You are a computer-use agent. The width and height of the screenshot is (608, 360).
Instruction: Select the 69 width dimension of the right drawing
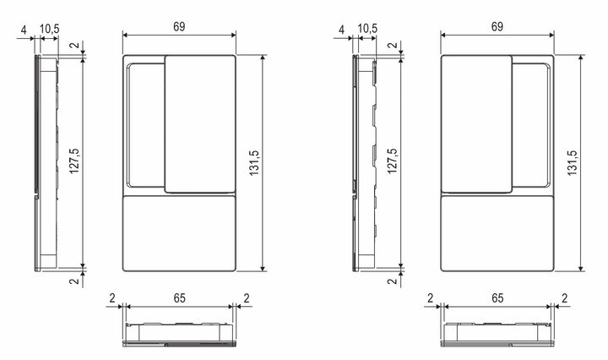(497, 27)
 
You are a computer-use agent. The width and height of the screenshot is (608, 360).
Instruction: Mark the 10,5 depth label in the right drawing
(367, 30)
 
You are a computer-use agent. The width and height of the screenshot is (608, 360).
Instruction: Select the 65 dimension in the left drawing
(178, 297)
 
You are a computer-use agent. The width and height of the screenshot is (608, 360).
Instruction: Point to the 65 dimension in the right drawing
(497, 297)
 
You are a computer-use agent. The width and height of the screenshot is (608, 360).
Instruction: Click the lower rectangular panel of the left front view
(179, 233)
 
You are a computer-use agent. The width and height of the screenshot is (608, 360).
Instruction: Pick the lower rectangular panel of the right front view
(497, 233)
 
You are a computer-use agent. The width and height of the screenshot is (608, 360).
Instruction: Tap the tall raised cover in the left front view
(200, 123)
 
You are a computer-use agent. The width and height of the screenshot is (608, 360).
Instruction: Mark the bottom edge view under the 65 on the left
(178, 335)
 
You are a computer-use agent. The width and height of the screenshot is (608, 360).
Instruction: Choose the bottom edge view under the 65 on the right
(497, 335)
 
